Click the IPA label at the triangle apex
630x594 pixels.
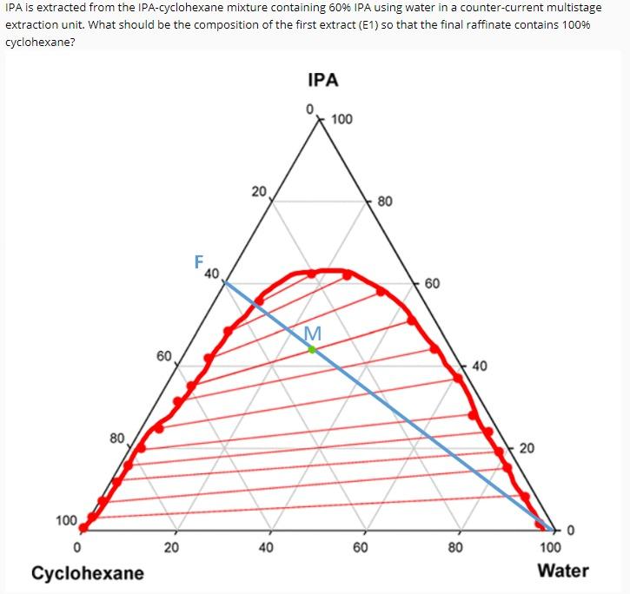(322, 81)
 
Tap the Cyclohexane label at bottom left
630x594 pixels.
(88, 572)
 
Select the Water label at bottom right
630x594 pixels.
(562, 571)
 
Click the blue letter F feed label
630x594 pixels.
(199, 261)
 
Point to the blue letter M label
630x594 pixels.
(313, 333)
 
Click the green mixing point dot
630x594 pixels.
(313, 349)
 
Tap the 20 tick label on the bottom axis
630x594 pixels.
(172, 548)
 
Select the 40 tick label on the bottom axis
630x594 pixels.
(266, 548)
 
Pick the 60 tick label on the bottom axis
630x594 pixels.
(361, 548)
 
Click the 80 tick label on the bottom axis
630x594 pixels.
(455, 548)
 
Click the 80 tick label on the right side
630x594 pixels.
(386, 201)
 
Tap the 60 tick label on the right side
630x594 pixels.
(433, 284)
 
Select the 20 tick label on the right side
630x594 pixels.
(527, 448)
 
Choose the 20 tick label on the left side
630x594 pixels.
(259, 190)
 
